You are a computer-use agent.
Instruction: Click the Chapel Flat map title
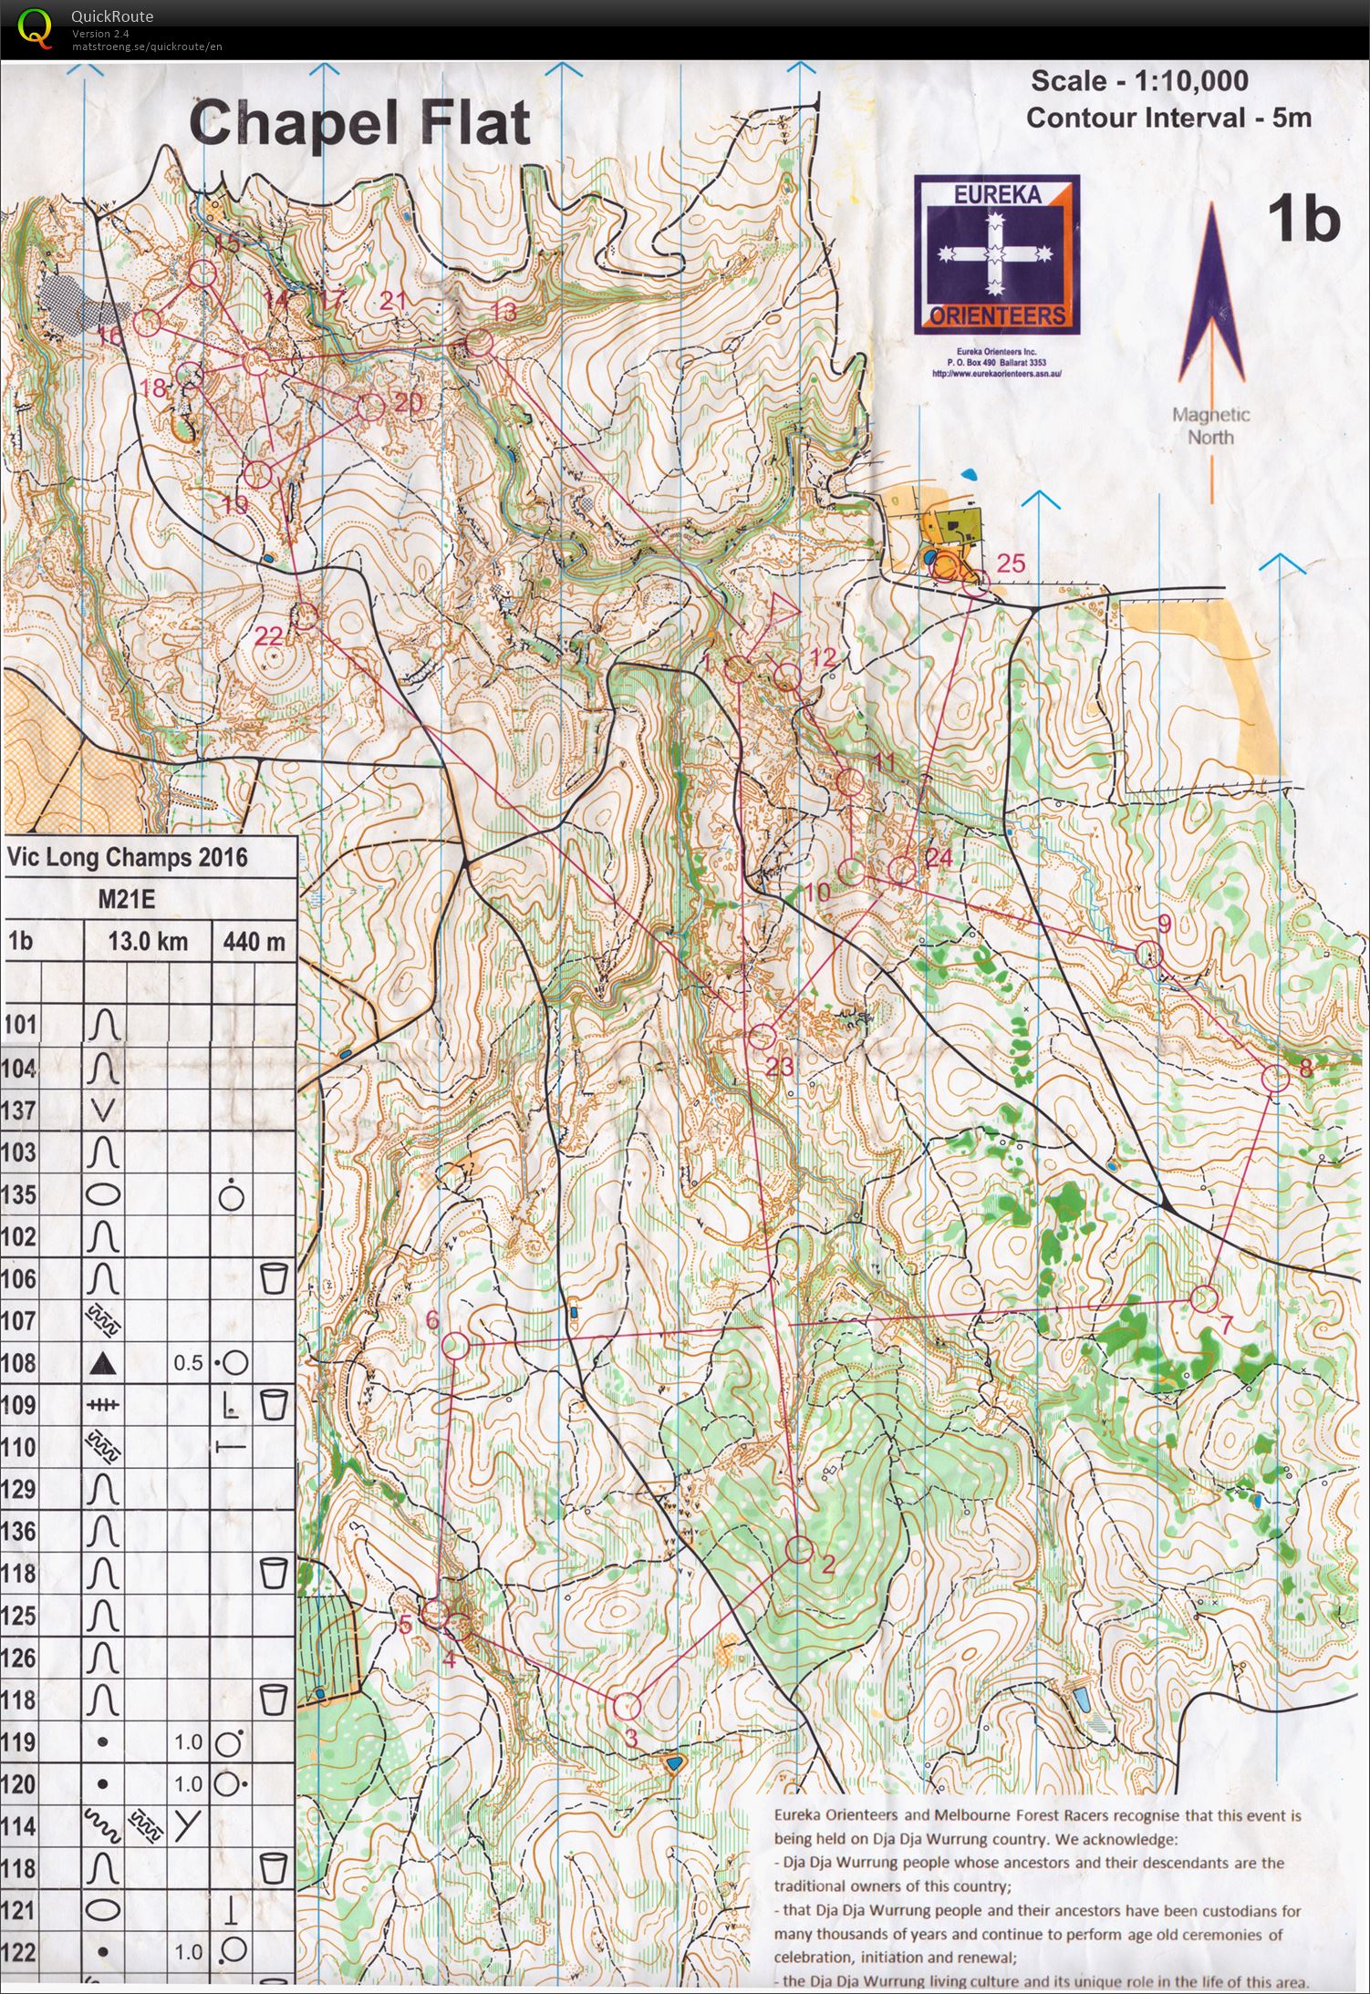(359, 123)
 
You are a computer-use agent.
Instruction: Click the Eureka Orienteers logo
(997, 254)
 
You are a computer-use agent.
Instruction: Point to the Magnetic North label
(1211, 425)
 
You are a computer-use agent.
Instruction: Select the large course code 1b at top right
(1303, 220)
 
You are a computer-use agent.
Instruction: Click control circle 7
(1204, 1297)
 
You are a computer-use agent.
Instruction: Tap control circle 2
(799, 1549)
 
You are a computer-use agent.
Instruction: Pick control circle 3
(627, 1705)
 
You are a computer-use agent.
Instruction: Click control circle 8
(1276, 1079)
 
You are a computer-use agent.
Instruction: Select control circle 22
(305, 616)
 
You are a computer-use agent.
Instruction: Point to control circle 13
(479, 343)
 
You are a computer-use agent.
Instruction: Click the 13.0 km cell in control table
(147, 941)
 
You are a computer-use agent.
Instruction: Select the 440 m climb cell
(254, 941)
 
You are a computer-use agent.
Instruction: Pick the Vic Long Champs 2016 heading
(127, 857)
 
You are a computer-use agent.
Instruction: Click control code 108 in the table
(20, 1363)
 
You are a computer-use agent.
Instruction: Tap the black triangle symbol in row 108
(104, 1363)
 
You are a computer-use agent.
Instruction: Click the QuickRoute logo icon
(35, 27)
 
